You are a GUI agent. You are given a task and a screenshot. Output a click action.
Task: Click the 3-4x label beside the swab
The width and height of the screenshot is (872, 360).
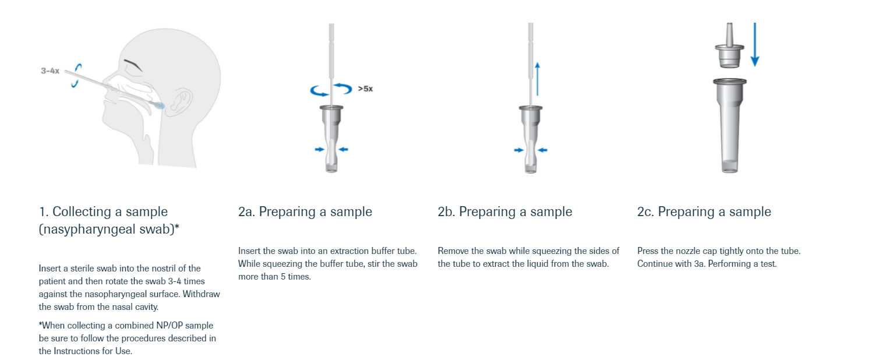click(x=50, y=71)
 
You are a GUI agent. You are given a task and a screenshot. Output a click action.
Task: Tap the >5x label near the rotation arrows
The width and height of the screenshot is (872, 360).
click(x=366, y=89)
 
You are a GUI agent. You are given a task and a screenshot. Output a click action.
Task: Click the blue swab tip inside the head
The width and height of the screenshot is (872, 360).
click(x=159, y=105)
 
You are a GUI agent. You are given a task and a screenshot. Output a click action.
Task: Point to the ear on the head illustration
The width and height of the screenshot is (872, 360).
click(x=179, y=102)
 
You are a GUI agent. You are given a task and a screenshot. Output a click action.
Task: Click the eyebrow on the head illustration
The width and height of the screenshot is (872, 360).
click(x=133, y=65)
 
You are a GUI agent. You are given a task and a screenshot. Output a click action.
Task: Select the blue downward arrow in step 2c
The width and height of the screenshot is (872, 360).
click(x=755, y=44)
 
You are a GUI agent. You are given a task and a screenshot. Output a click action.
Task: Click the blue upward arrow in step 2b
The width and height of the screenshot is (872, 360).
click(x=537, y=79)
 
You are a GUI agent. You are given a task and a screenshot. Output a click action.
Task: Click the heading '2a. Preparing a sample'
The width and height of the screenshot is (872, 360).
click(x=305, y=211)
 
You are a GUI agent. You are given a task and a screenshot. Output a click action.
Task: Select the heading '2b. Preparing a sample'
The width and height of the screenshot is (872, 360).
click(x=505, y=211)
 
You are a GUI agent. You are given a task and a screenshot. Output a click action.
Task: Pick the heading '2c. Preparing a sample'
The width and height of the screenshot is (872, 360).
click(x=704, y=211)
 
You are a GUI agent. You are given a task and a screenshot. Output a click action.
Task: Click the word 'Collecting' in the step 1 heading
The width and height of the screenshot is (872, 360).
click(x=82, y=211)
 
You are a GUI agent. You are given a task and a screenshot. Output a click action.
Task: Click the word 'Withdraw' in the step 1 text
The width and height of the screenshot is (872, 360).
click(x=202, y=294)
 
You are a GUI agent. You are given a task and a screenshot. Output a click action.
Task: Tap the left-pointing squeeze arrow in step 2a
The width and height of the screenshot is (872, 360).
click(x=343, y=150)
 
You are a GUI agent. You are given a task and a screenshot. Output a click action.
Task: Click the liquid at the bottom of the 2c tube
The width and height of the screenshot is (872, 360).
click(x=729, y=166)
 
